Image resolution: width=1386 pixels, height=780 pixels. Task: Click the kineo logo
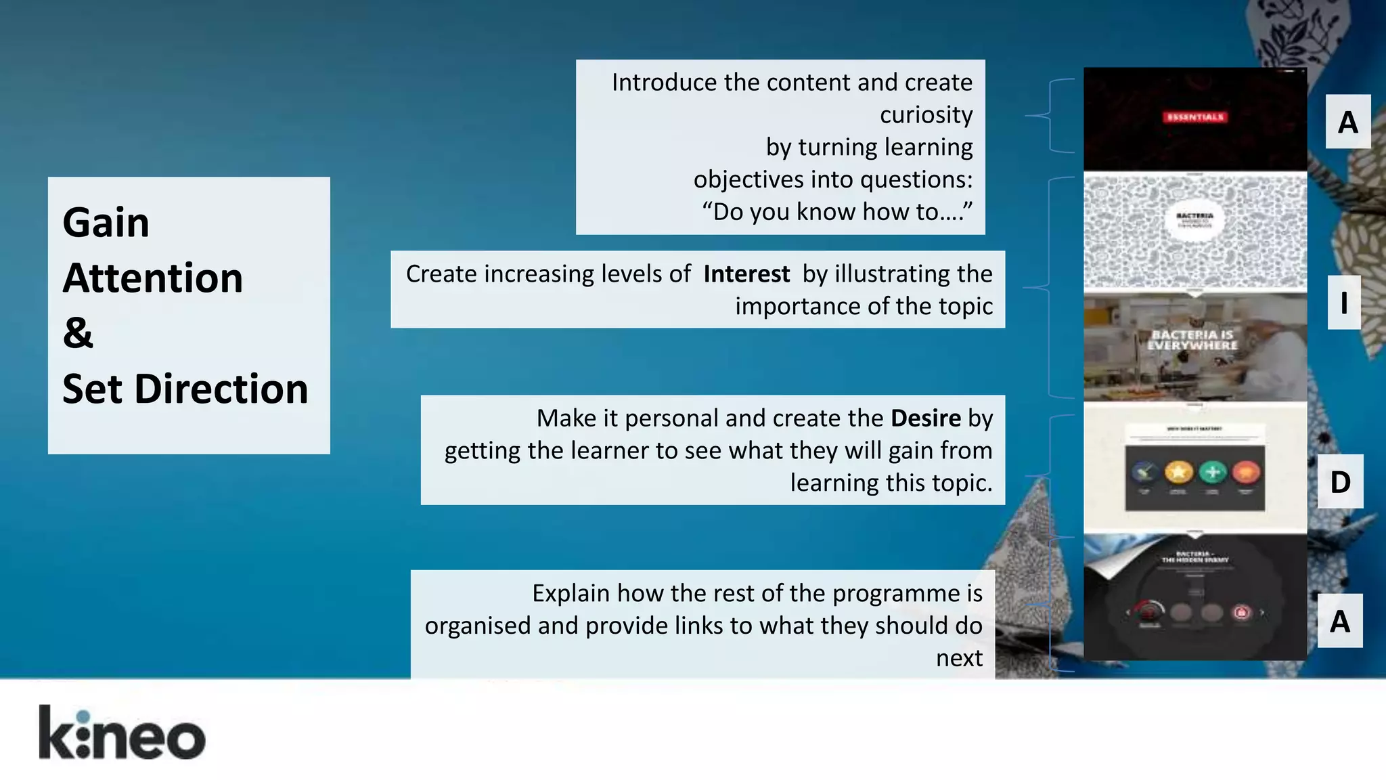click(x=122, y=733)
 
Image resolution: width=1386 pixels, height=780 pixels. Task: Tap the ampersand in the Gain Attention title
click(x=79, y=333)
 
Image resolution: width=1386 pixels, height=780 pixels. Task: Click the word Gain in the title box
click(x=106, y=222)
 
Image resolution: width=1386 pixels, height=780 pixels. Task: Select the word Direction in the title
click(x=221, y=389)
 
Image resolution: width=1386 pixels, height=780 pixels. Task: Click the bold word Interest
click(x=746, y=274)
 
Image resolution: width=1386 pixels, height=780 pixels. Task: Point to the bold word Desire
click(x=925, y=418)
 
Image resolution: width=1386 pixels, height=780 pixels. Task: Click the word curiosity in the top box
click(x=926, y=114)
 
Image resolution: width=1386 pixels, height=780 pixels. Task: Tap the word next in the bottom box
click(x=959, y=658)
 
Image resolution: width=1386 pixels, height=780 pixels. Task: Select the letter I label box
click(x=1343, y=302)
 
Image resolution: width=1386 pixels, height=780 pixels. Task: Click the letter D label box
click(x=1340, y=481)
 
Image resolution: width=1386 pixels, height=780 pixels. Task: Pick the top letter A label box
click(x=1347, y=122)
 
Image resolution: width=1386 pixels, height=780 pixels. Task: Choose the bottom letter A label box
click(x=1340, y=621)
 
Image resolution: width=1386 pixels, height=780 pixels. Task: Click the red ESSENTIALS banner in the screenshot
click(x=1195, y=117)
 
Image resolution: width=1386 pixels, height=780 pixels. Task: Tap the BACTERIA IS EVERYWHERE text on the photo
click(x=1192, y=340)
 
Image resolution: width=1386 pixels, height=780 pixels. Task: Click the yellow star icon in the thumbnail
click(x=1178, y=472)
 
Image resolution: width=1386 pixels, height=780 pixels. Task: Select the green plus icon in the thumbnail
click(x=1212, y=472)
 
